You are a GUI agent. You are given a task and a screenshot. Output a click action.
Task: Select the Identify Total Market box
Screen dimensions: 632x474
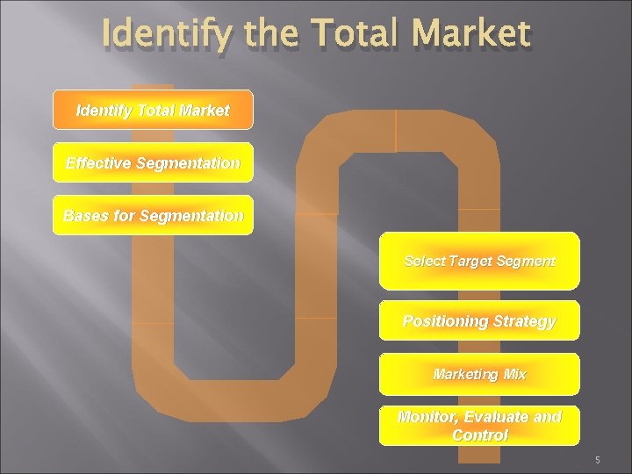153,110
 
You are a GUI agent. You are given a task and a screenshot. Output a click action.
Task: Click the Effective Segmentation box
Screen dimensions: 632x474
153,162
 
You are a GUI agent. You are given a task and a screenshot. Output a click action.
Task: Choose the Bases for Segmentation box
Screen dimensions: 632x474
153,215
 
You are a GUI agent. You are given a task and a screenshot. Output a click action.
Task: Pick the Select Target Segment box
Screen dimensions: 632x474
479,261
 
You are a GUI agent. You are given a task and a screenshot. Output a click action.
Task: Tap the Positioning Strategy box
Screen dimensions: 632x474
479,320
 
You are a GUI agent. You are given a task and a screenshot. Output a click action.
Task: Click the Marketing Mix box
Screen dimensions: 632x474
479,374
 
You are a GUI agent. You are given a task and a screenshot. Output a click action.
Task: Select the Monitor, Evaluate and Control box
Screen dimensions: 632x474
479,426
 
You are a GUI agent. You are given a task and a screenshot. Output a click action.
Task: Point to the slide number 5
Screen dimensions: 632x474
597,460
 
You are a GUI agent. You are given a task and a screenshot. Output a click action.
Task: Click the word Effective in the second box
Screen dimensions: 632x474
98,162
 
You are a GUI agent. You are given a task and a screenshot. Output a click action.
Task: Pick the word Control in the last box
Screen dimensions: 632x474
479,435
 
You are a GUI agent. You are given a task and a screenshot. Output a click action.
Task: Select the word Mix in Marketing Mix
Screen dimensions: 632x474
515,374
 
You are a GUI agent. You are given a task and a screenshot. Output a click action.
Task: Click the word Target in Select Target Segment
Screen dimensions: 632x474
470,261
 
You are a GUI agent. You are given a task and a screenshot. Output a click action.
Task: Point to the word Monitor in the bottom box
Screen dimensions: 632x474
428,417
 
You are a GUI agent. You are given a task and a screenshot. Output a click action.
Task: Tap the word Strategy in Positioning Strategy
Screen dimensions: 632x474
524,320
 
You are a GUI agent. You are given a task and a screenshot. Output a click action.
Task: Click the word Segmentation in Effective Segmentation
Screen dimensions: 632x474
188,162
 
